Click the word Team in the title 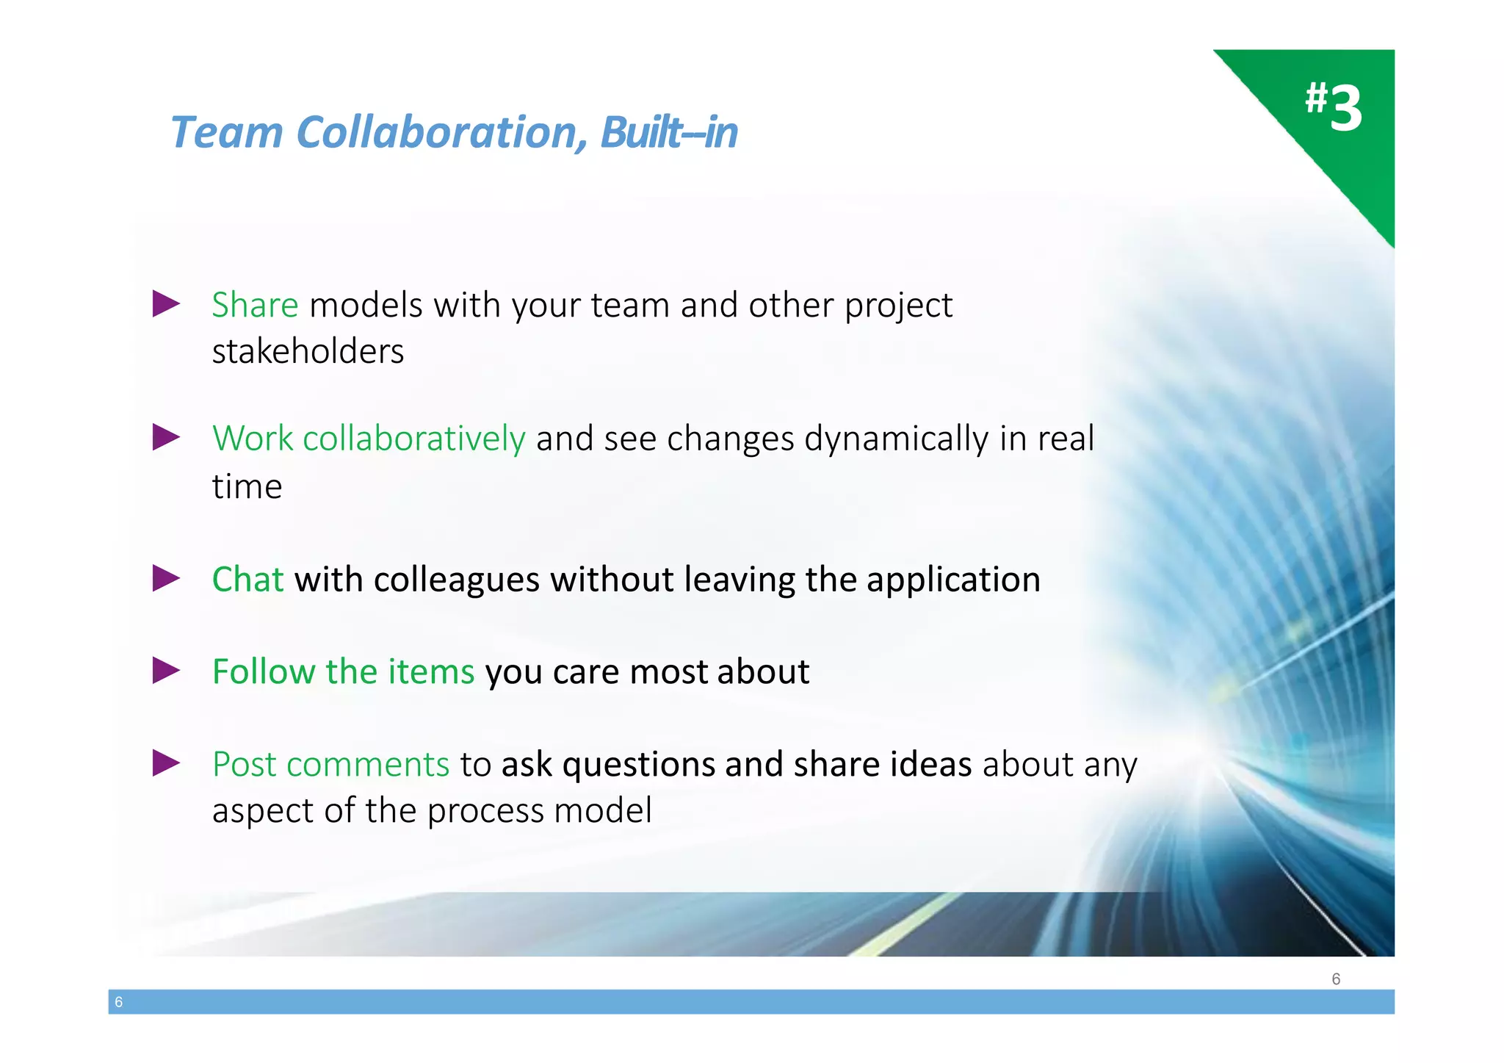pyautogui.click(x=227, y=132)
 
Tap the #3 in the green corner pyautogui.click(x=1334, y=107)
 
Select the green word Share pyautogui.click(x=255, y=305)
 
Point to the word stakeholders pyautogui.click(x=308, y=351)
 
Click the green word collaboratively pyautogui.click(x=413, y=439)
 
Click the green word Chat pyautogui.click(x=247, y=580)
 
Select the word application pyautogui.click(x=953, y=580)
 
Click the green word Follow pyautogui.click(x=264, y=671)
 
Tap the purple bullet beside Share pyautogui.click(x=166, y=304)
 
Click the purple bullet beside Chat pyautogui.click(x=166, y=579)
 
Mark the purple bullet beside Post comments pyautogui.click(x=166, y=763)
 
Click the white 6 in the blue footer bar pyautogui.click(x=119, y=1002)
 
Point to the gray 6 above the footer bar pyautogui.click(x=1336, y=979)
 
